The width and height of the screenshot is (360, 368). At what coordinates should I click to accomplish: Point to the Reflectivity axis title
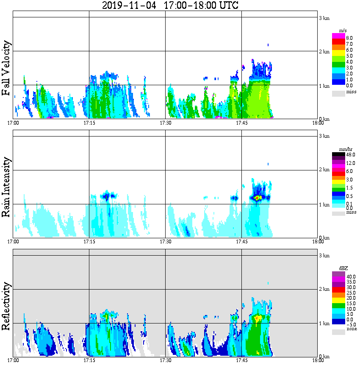[6, 305]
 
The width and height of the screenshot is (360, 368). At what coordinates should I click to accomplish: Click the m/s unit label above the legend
[343, 31]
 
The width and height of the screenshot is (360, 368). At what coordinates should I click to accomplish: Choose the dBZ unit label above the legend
[343, 268]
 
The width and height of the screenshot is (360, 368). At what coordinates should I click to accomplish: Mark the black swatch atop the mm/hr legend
[338, 155]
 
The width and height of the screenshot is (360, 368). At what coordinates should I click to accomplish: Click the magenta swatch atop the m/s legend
[338, 36]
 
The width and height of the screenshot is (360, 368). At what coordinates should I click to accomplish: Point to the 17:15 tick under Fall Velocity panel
[89, 123]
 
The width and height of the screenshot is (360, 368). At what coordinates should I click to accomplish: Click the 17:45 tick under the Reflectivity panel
[241, 360]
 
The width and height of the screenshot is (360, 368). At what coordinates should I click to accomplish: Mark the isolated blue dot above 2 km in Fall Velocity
[268, 45]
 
